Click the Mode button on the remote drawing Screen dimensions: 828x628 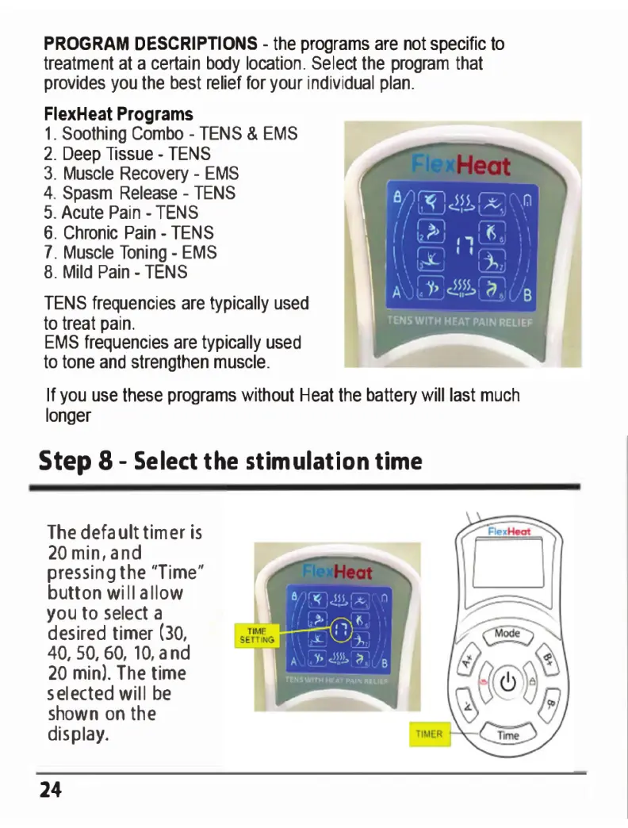[x=507, y=634]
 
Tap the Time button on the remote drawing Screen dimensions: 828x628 [x=507, y=735]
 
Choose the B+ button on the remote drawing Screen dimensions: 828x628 [x=548, y=657]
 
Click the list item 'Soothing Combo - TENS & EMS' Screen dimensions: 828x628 [x=170, y=133]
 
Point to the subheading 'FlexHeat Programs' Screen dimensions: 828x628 [x=117, y=114]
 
